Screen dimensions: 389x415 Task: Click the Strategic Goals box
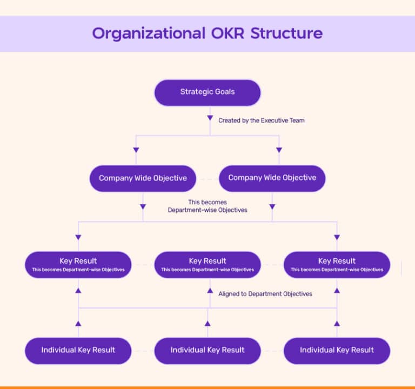click(x=207, y=92)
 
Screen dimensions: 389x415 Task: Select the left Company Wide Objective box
click(x=143, y=178)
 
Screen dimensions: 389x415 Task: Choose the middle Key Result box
click(x=207, y=265)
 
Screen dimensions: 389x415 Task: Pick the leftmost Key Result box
click(x=78, y=265)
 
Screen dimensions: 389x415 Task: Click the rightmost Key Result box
click(x=337, y=265)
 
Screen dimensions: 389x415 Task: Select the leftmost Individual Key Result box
click(x=78, y=350)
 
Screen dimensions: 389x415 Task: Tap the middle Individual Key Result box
click(x=207, y=350)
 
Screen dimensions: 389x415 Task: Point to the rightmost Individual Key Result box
click(x=337, y=350)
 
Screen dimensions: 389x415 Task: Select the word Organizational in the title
click(x=145, y=33)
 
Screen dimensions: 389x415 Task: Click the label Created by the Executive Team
click(x=261, y=120)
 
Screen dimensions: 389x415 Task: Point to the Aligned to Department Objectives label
click(x=265, y=294)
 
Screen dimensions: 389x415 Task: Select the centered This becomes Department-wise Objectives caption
click(x=207, y=206)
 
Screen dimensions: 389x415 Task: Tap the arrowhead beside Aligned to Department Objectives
click(x=210, y=291)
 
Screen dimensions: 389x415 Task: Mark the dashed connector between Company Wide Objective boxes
click(x=207, y=178)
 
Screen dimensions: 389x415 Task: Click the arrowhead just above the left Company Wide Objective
click(x=136, y=150)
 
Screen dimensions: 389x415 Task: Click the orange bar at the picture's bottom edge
click(x=207, y=387)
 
